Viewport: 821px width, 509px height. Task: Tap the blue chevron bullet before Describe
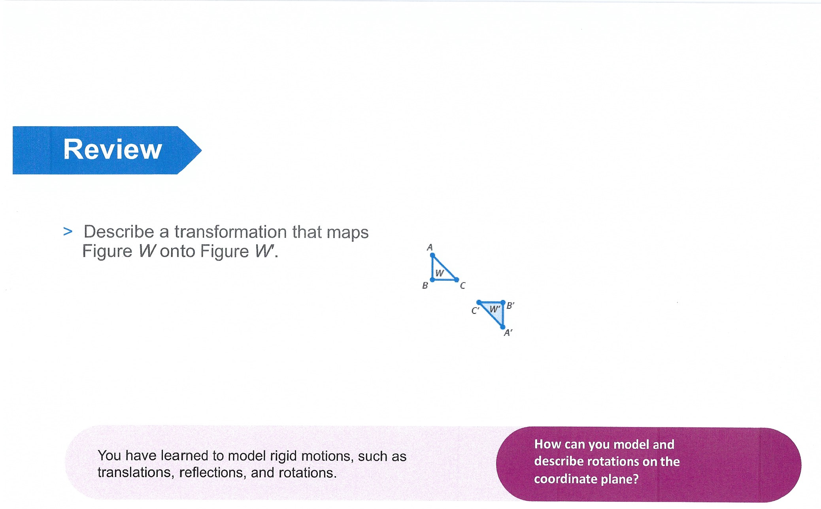tap(68, 232)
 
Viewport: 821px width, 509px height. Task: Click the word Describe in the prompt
tap(119, 232)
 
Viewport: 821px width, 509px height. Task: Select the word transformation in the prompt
tap(231, 232)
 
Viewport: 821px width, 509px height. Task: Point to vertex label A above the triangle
tap(430, 247)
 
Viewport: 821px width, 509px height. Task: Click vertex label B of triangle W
tap(425, 285)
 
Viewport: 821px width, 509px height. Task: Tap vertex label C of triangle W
tap(463, 285)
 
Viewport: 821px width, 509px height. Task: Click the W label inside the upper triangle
tap(440, 273)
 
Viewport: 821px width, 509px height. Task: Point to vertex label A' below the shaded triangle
tap(508, 333)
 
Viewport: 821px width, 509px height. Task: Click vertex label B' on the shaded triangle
tap(511, 306)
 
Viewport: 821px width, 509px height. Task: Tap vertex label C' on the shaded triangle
tap(476, 310)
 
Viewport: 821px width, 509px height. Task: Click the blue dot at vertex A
tap(432, 255)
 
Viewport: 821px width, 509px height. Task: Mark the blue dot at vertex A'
tap(502, 327)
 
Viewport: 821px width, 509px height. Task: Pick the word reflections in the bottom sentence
tap(213, 473)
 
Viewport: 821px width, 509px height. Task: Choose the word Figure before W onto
tap(107, 251)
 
